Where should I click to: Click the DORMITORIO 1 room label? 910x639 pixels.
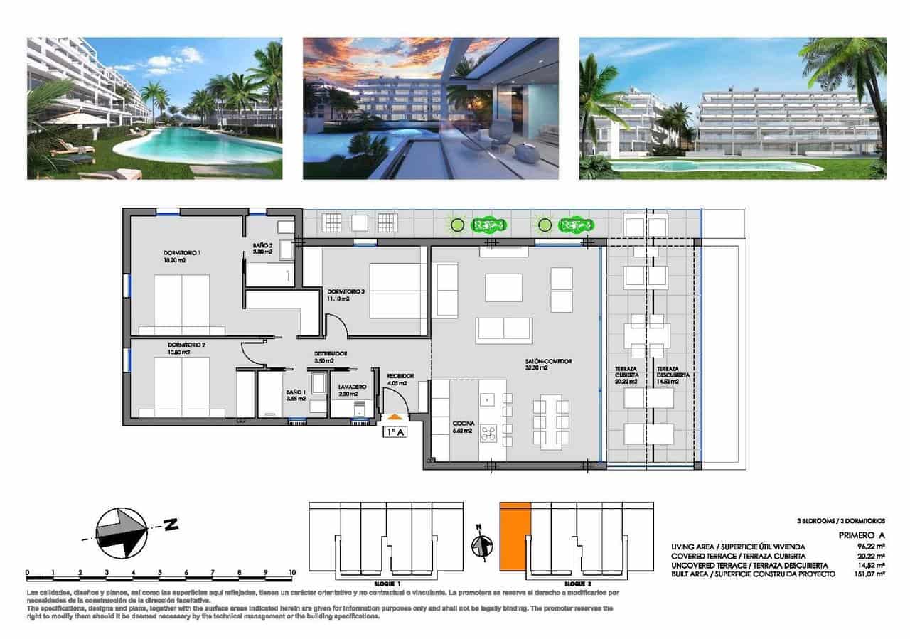click(x=182, y=253)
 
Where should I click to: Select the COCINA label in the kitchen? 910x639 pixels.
click(x=464, y=424)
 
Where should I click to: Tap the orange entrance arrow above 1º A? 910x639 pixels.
click(x=392, y=417)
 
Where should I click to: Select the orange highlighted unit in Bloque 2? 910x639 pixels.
click(x=515, y=535)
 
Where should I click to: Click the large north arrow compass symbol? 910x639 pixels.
click(x=122, y=532)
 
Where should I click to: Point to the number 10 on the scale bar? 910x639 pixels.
click(x=291, y=571)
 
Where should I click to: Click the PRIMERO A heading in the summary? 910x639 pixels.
click(x=862, y=534)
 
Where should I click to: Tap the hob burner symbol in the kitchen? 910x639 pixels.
click(x=488, y=431)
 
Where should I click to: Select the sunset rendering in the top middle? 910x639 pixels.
click(x=430, y=108)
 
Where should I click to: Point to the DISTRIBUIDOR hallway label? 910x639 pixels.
click(x=331, y=353)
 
